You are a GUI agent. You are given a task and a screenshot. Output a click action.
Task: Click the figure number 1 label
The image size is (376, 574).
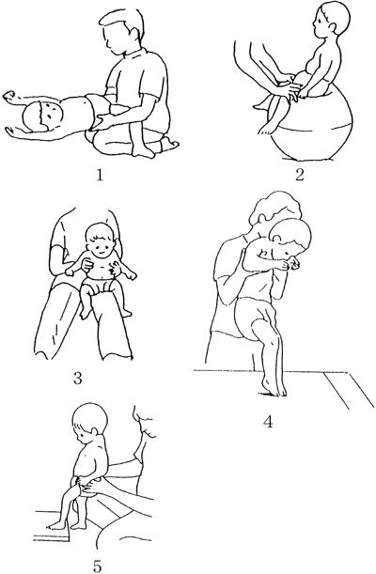coord(100,176)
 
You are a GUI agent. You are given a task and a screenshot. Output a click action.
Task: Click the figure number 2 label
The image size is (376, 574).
coord(300,175)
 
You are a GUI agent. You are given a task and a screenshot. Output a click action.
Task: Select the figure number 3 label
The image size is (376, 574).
coord(78,379)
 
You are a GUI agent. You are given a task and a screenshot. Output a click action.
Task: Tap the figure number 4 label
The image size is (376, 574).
coord(268,422)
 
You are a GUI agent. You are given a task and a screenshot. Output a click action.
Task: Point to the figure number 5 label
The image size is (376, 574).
coord(97,566)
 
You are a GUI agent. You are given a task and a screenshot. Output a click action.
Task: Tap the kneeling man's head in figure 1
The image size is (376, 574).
coord(122,32)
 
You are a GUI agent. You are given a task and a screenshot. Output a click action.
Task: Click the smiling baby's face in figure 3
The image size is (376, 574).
coord(101,247)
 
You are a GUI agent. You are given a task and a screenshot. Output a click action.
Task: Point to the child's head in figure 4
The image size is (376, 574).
coord(291,238)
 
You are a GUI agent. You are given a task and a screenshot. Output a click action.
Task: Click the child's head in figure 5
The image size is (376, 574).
coord(89,422)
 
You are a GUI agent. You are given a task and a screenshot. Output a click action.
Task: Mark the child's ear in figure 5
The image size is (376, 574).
coord(94,431)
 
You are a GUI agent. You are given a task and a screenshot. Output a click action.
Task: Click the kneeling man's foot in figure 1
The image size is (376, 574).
coord(169,143)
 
